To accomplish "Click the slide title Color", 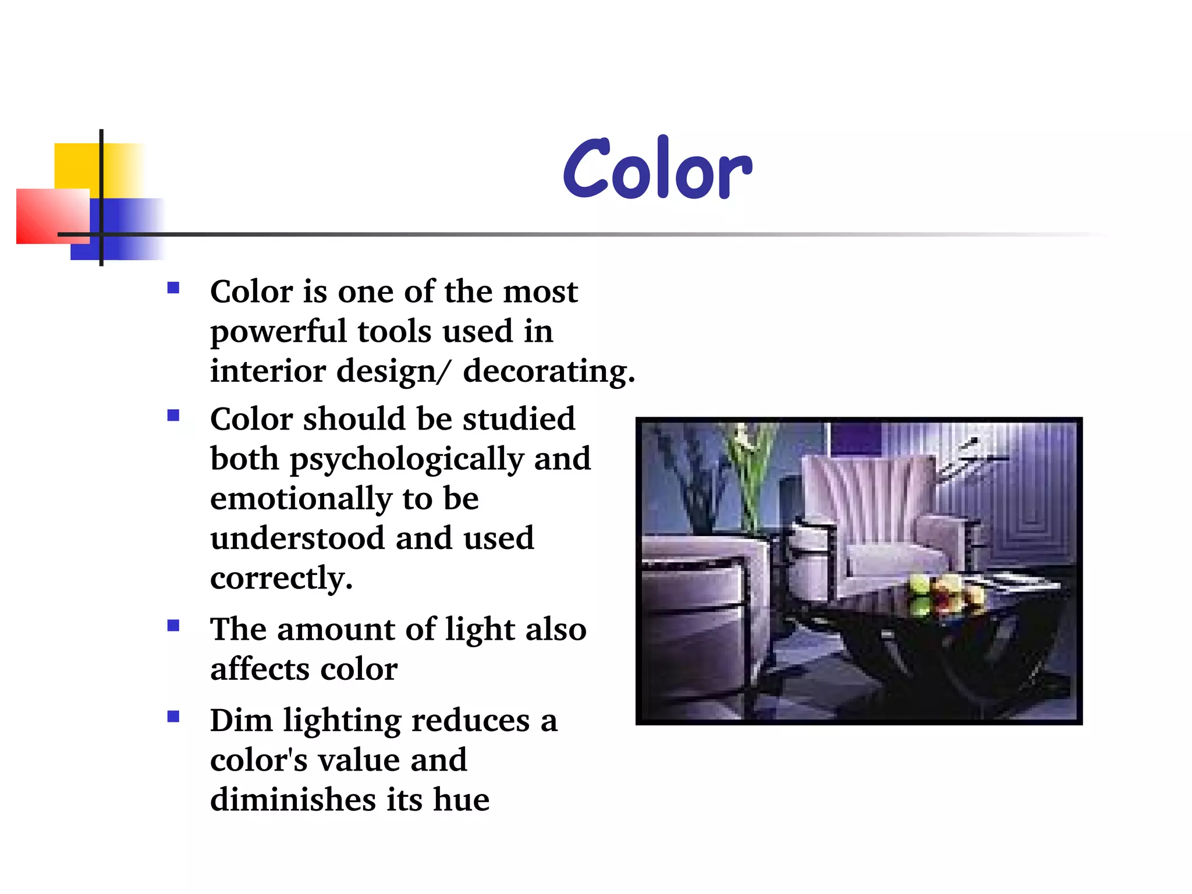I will (657, 169).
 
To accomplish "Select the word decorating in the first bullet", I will (548, 371).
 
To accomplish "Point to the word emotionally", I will (301, 499).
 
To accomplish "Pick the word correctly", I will (281, 579).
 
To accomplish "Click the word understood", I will (297, 538).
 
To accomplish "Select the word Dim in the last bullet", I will (241, 721).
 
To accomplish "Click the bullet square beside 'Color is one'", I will (173, 288).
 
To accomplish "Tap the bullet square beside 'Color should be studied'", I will (173, 416).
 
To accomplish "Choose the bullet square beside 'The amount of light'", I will (173, 626).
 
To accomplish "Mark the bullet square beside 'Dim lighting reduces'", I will (173, 716).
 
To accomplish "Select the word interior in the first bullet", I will (268, 371).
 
